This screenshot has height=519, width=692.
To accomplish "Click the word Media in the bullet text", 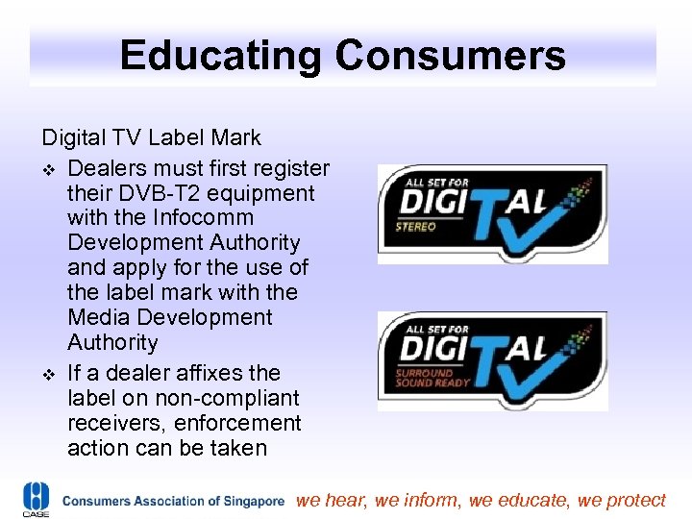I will point(96,318).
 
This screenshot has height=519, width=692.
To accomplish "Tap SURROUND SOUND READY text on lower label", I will point(432,377).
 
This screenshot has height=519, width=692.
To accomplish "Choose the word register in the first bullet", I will point(288,168).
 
